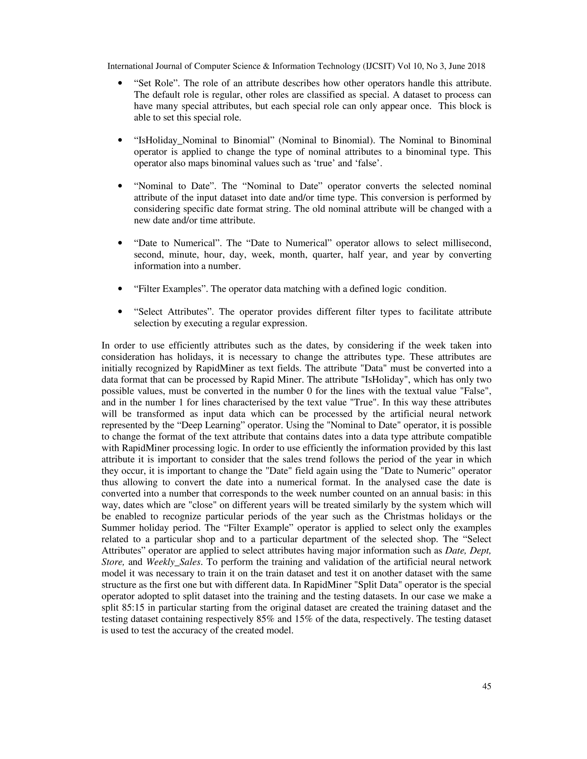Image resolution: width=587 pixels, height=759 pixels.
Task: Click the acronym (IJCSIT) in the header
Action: (x=378, y=66)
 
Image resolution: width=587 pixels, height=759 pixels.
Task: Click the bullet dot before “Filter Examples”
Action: (x=120, y=289)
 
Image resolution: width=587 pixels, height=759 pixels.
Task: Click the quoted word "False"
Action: (x=478, y=391)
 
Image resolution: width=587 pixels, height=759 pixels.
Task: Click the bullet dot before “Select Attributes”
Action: (x=120, y=312)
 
